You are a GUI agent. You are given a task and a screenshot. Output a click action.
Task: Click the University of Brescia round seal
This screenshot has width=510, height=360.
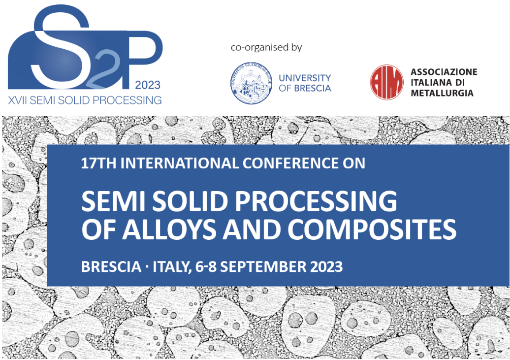pyautogui.click(x=252, y=83)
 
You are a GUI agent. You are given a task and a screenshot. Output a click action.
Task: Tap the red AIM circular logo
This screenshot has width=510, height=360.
pyautogui.click(x=387, y=82)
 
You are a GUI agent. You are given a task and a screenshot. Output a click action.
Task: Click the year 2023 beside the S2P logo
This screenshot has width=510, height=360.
pyautogui.click(x=148, y=85)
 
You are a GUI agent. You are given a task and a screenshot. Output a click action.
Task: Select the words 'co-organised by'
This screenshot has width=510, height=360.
pyautogui.click(x=266, y=47)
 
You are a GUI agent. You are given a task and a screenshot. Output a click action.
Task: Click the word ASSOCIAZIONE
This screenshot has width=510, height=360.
pyautogui.click(x=444, y=72)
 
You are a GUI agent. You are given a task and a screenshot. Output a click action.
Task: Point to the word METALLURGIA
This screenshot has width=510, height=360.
pyautogui.click(x=442, y=93)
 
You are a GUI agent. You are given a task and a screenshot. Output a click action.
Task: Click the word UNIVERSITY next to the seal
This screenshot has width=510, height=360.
pyautogui.click(x=305, y=78)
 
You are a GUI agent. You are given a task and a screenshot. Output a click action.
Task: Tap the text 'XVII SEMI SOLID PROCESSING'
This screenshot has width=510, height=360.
pyautogui.click(x=85, y=100)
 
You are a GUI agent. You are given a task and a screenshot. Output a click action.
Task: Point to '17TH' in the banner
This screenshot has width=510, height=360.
pyautogui.click(x=98, y=163)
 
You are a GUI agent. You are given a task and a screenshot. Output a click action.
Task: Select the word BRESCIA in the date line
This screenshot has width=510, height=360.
pyautogui.click(x=111, y=266)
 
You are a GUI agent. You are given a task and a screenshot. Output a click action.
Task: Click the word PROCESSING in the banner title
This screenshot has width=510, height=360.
pyautogui.click(x=316, y=201)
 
